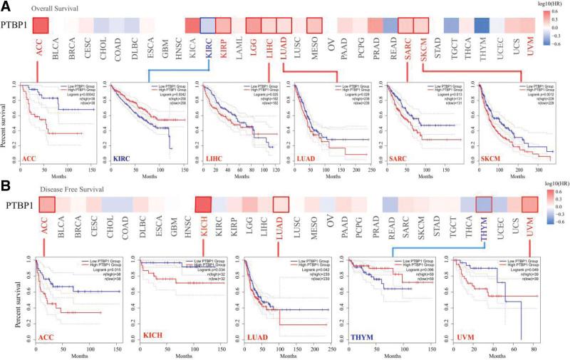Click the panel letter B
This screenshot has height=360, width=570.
tap(6, 187)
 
